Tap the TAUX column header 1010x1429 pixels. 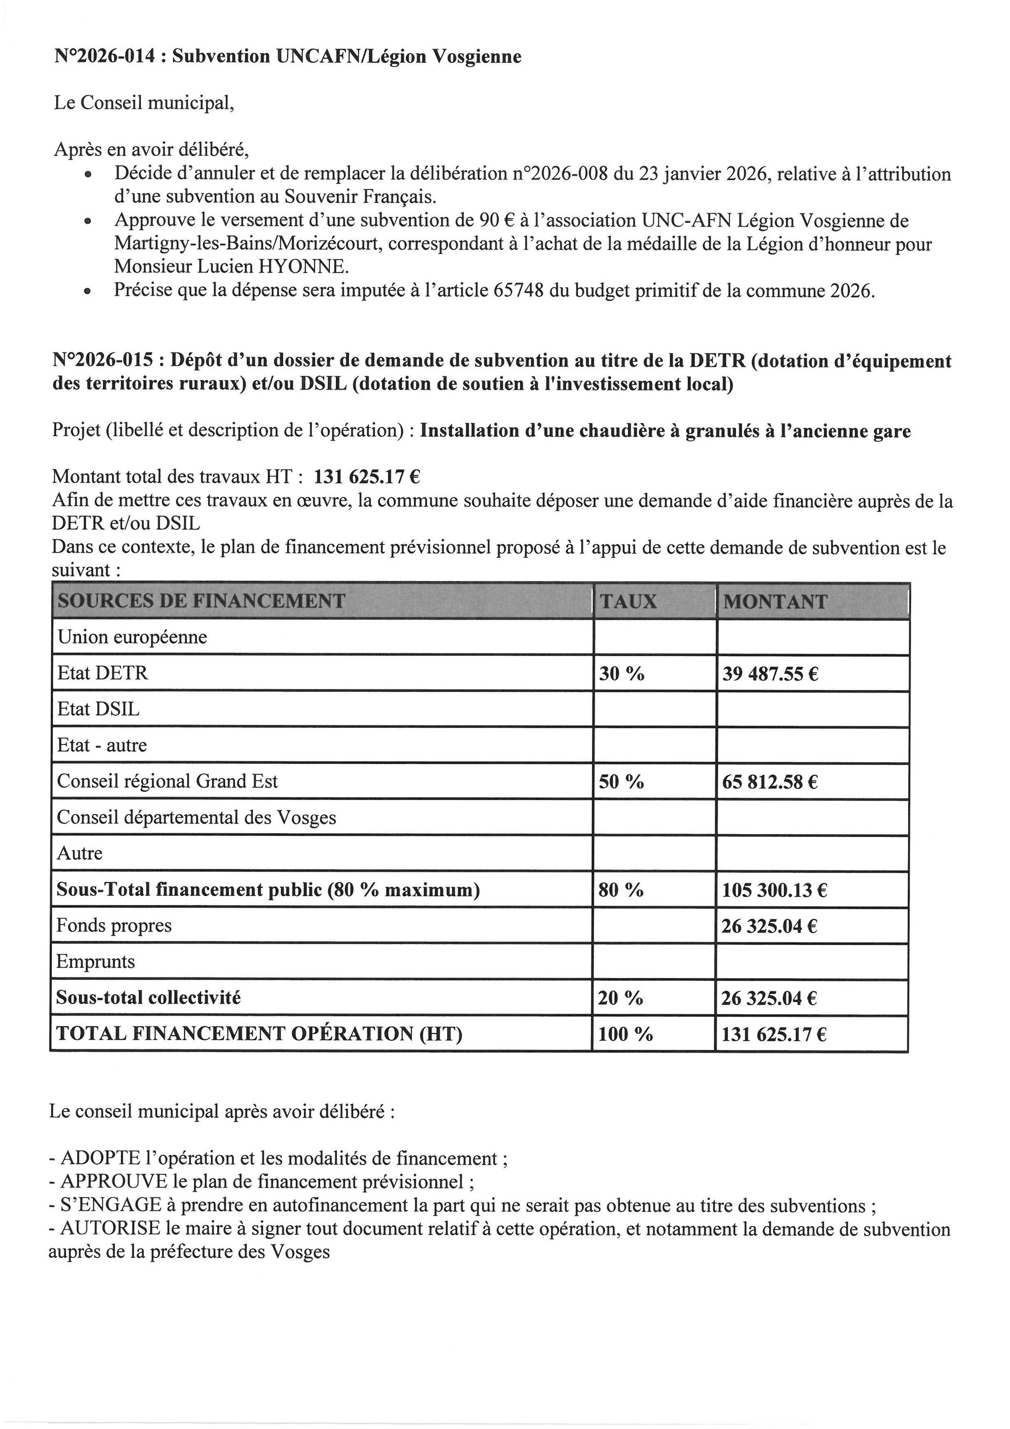point(628,601)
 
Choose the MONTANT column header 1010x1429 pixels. point(775,601)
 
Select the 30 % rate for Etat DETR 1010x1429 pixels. point(621,674)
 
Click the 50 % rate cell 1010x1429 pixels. point(621,782)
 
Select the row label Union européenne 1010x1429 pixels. point(132,637)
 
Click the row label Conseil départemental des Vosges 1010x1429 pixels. point(196,817)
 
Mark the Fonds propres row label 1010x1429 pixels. point(114,926)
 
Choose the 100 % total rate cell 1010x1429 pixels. point(625,1035)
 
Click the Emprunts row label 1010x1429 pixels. point(95,962)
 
